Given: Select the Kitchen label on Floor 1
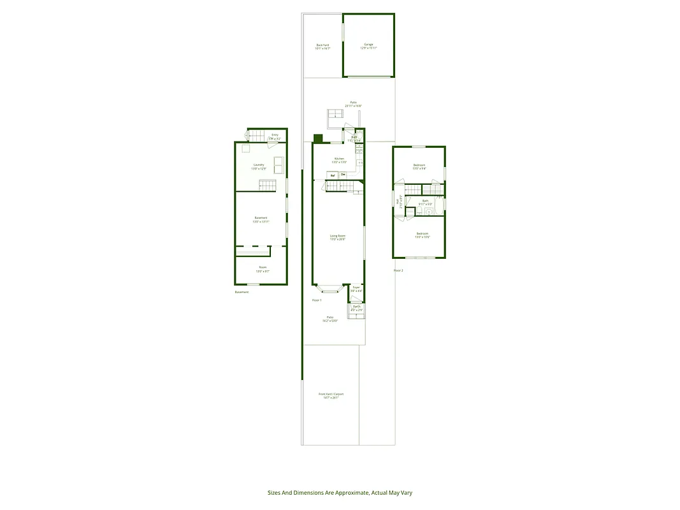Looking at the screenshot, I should (339, 160).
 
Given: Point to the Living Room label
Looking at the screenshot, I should (337, 237).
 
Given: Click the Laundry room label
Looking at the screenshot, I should (259, 166).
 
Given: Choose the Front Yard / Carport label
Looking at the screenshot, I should (331, 395).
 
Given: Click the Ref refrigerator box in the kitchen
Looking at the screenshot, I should (333, 175).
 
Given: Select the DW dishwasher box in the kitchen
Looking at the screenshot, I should (343, 175).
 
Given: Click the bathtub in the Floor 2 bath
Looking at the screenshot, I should (433, 189).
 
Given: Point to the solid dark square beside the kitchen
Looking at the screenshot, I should (318, 138).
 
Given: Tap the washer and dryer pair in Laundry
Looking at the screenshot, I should (279, 164).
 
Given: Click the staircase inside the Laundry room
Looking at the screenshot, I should (268, 185).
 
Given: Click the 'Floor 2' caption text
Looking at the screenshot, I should (398, 270).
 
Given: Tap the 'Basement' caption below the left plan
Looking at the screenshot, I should (242, 292).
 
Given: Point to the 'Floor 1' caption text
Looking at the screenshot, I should (317, 300).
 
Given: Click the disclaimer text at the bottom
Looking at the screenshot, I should (340, 492).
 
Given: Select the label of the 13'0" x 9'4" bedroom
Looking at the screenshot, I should (419, 166).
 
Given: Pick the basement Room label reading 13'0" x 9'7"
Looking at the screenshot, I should (263, 268).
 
